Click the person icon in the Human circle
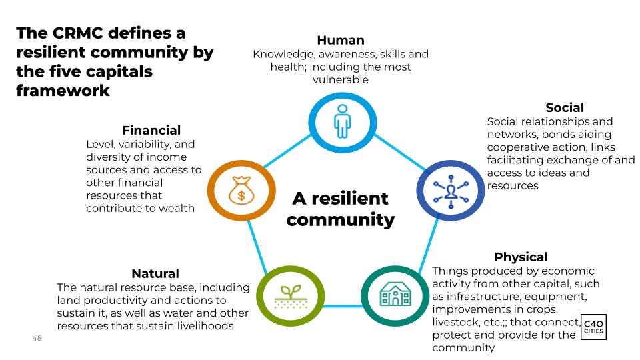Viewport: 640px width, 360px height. coord(342,121)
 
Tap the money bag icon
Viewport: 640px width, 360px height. coord(241,190)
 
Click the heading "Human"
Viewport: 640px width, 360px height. coord(341,40)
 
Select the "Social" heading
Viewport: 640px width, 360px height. coord(564,107)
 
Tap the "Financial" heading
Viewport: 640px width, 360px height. coord(151,130)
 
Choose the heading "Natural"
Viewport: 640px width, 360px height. coord(155,273)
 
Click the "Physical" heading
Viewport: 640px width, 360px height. coord(521,257)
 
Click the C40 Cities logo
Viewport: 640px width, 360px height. coord(594,326)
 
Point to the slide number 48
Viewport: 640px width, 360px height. coord(37,339)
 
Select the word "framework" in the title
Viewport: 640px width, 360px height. coord(63,91)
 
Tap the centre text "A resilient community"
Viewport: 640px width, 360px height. coord(340,209)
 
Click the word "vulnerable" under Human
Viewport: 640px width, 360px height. coord(341,80)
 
